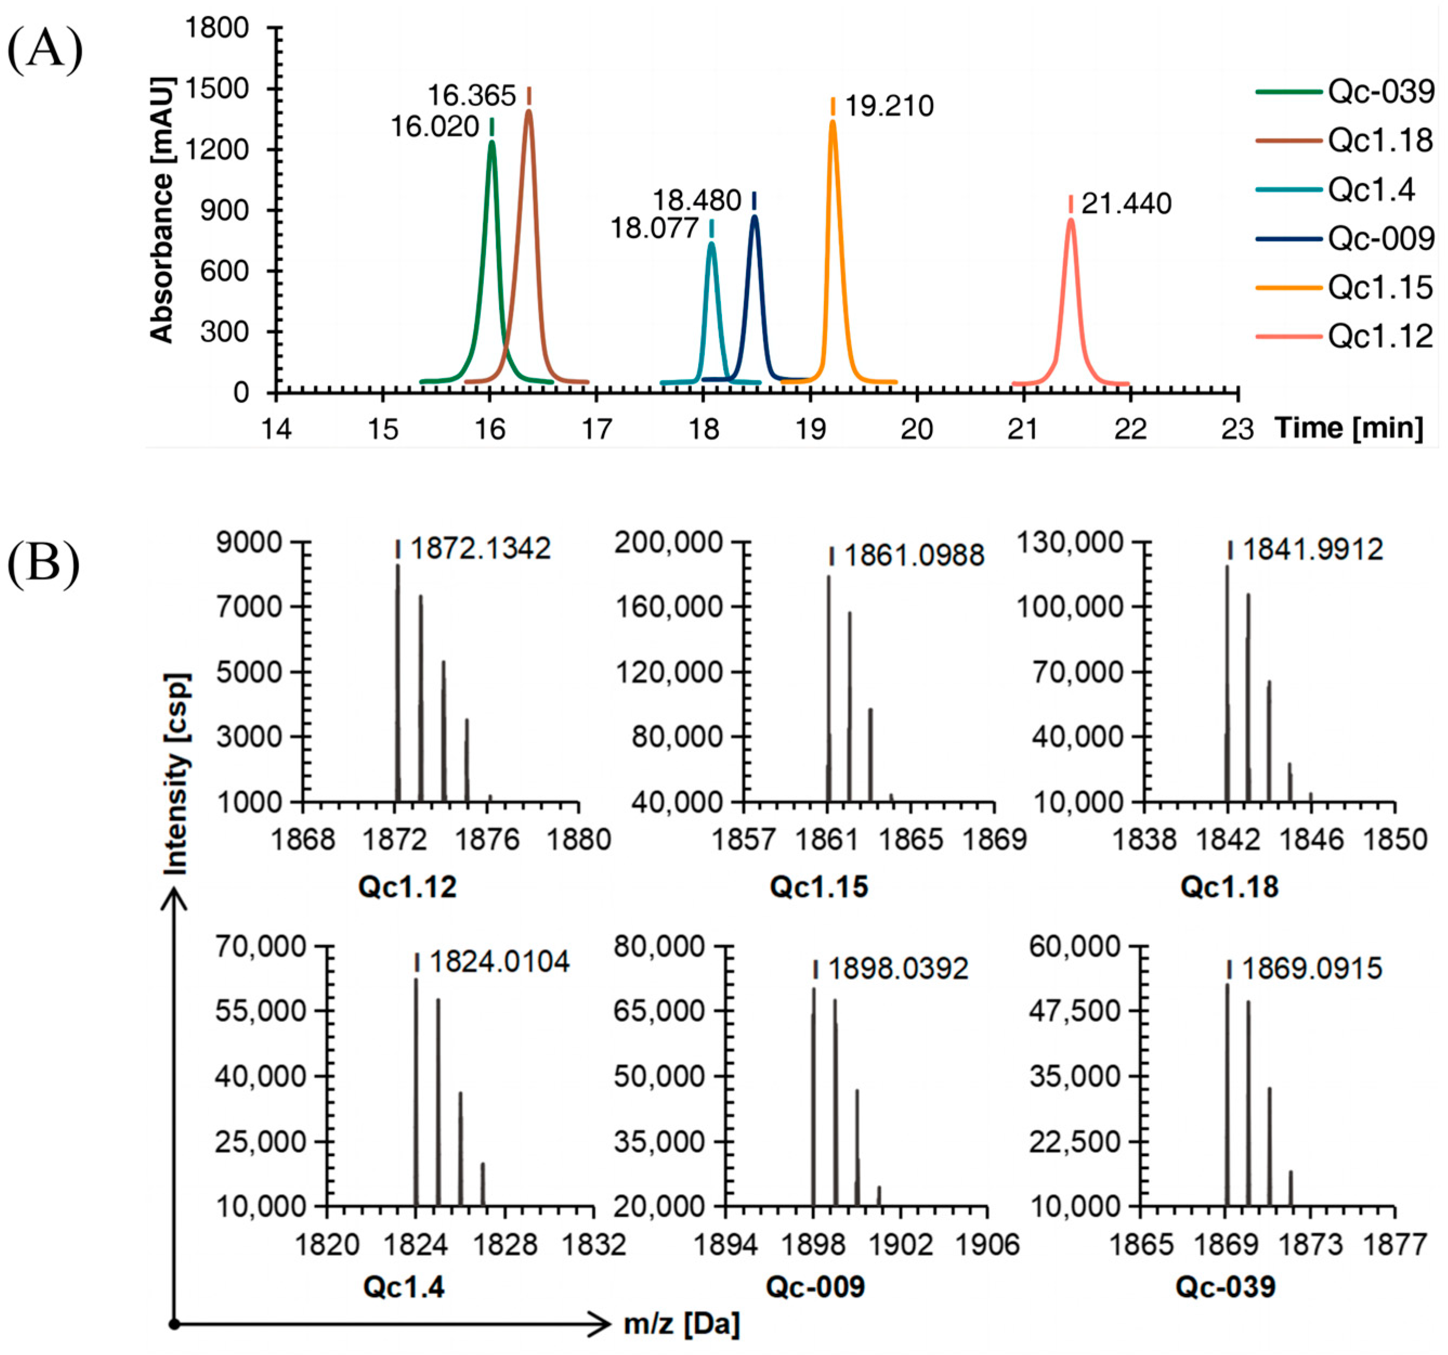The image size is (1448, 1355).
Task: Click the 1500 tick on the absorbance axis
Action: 217,89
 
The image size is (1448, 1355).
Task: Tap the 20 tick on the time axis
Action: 916,429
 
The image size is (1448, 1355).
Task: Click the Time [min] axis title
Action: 1348,428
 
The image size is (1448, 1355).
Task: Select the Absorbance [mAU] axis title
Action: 162,210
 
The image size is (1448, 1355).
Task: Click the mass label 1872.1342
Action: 480,548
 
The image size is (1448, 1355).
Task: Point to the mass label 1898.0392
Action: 897,969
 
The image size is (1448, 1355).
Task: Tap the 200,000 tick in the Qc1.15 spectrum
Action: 668,542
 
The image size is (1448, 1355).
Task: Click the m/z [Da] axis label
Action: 682,1324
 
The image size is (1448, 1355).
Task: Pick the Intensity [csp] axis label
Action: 176,773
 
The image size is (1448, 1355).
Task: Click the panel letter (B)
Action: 43,563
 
